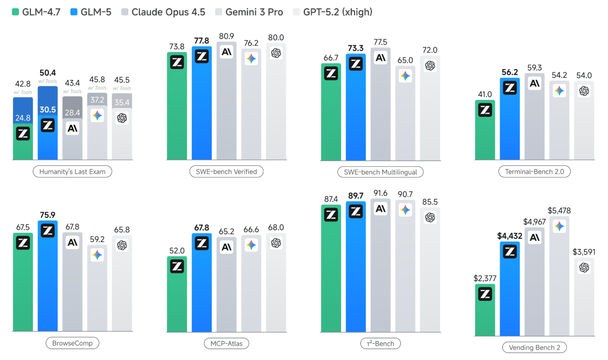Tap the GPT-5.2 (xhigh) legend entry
(x=333, y=11)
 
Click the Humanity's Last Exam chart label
(x=72, y=172)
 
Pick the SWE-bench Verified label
(x=226, y=172)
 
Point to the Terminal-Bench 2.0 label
(x=534, y=172)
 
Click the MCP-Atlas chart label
(x=226, y=343)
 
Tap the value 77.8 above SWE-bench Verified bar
(x=201, y=40)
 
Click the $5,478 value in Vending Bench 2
(x=559, y=211)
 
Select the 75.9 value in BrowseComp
(x=47, y=215)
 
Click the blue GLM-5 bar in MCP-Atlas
(x=201, y=288)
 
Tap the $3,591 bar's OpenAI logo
(x=584, y=267)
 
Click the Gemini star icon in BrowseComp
(x=97, y=255)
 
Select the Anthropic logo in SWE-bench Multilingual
(x=380, y=58)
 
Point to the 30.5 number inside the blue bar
(x=47, y=110)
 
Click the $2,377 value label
(x=485, y=279)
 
